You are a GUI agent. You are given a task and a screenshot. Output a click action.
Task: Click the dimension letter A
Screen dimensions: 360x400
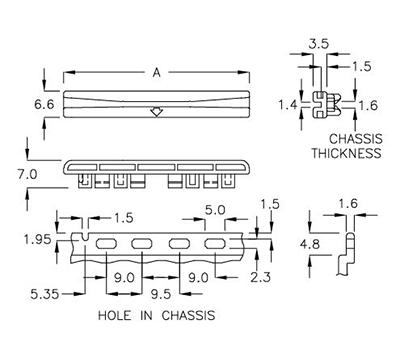(155, 71)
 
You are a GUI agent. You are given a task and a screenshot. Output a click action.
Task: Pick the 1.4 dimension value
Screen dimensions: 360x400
(287, 104)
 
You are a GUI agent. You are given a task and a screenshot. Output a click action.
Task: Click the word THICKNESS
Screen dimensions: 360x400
(347, 154)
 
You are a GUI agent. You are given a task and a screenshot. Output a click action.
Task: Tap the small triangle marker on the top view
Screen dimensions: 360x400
(156, 112)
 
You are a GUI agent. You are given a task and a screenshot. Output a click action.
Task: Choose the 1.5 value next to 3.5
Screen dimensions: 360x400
(362, 65)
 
